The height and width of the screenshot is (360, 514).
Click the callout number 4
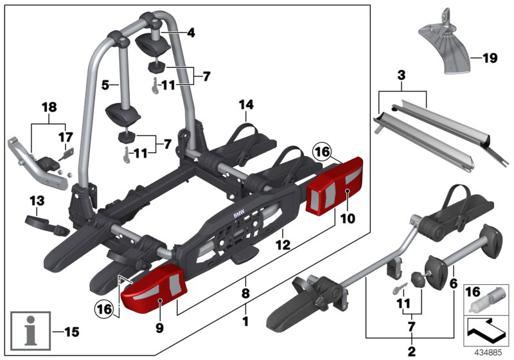click(190, 32)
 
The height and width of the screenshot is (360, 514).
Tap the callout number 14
click(247, 104)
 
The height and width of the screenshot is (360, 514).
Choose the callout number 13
click(37, 201)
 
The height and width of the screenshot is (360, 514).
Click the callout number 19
click(490, 59)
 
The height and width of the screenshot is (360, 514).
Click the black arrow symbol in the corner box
click(486, 331)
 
